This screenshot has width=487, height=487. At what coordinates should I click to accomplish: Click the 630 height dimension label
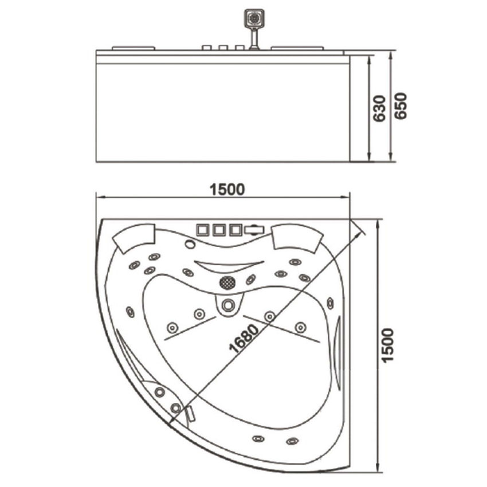[379, 108]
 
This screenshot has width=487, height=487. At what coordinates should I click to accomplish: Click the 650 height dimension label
[400, 105]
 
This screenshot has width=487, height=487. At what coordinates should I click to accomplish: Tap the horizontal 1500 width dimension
[227, 190]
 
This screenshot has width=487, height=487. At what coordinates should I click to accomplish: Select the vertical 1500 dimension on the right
[387, 345]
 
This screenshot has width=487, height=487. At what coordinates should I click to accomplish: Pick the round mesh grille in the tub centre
[227, 282]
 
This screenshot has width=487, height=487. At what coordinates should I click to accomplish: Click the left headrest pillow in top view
[134, 238]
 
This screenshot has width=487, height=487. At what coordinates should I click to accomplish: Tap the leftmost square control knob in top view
[202, 230]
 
